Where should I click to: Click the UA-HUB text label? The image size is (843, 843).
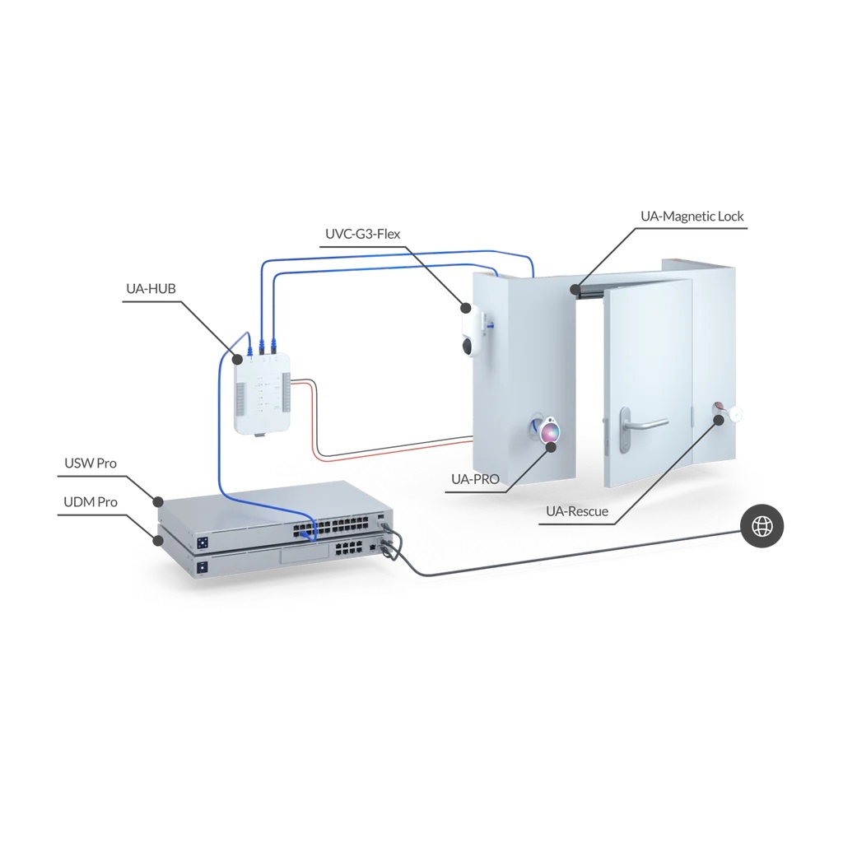tap(151, 289)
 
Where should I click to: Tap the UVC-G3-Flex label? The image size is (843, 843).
tap(363, 235)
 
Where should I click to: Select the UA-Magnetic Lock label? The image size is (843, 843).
tap(692, 217)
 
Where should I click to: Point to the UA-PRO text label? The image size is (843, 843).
tap(475, 479)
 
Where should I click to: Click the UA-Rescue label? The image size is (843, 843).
tap(577, 511)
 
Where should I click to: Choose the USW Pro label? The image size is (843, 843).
tap(91, 463)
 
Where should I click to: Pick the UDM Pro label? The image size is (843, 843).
tap(91, 502)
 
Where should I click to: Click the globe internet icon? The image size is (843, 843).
tap(761, 526)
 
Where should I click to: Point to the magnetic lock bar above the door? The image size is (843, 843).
tap(588, 291)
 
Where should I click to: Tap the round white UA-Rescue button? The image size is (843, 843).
tap(734, 413)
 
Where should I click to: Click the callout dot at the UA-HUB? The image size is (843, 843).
tap(236, 359)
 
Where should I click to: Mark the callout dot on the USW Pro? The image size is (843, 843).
tap(158, 501)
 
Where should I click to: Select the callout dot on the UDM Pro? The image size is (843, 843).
tap(158, 540)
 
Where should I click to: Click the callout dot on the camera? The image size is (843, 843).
tap(466, 308)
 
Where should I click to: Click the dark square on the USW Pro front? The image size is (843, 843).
tap(203, 542)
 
